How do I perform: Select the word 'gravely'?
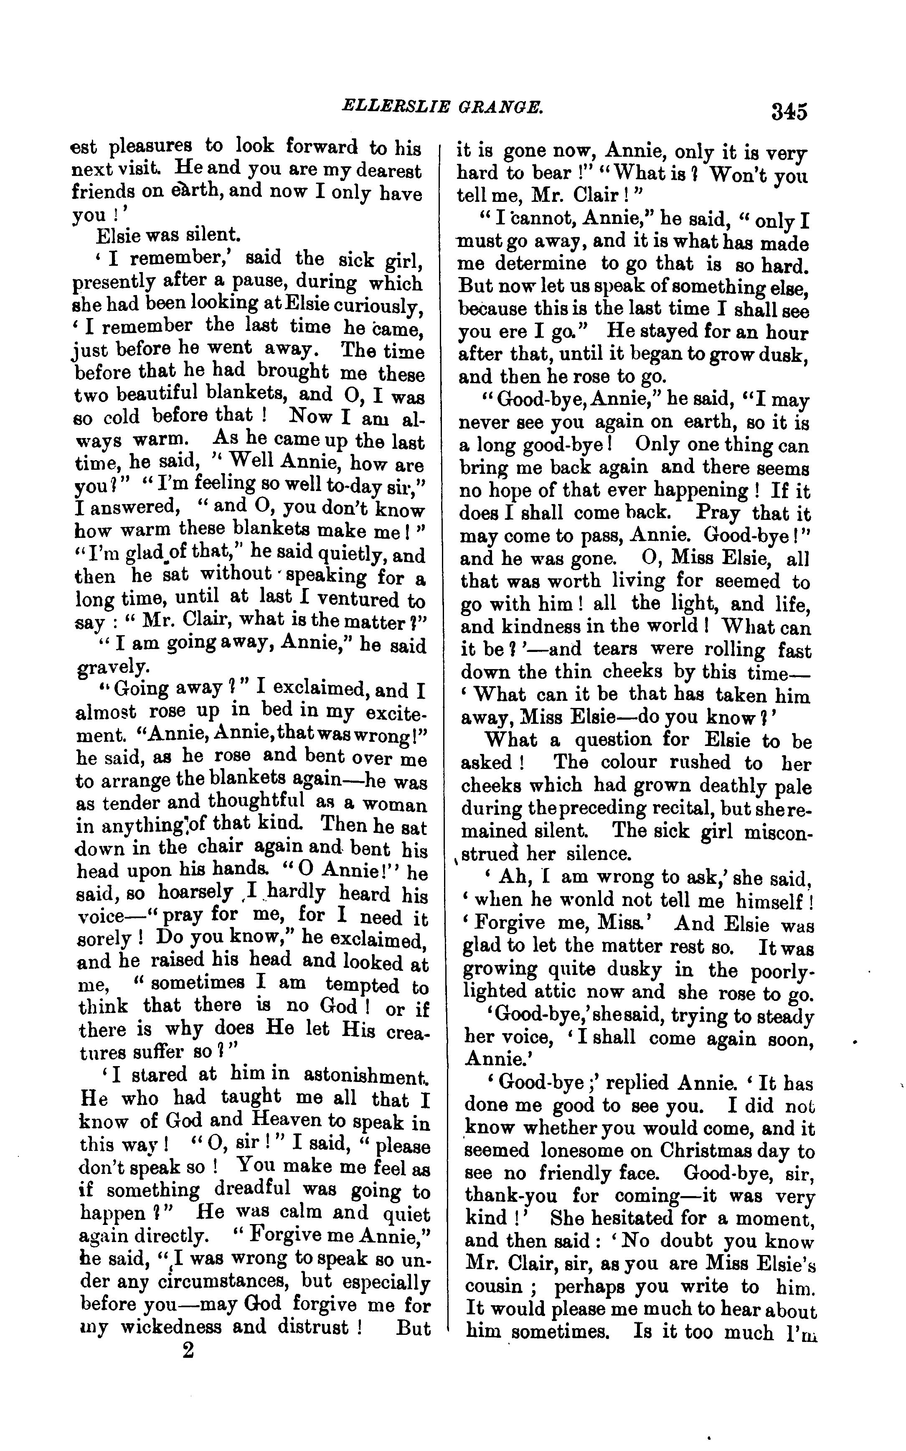pyautogui.click(x=112, y=667)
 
